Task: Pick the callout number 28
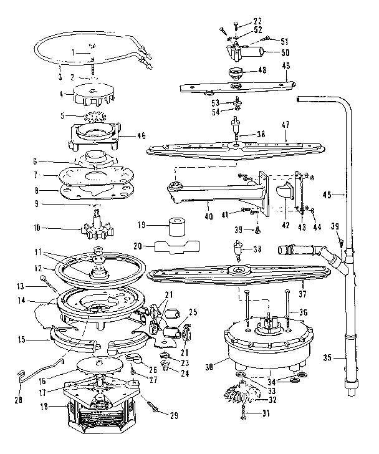click(x=18, y=397)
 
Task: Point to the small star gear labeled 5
click(x=95, y=117)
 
